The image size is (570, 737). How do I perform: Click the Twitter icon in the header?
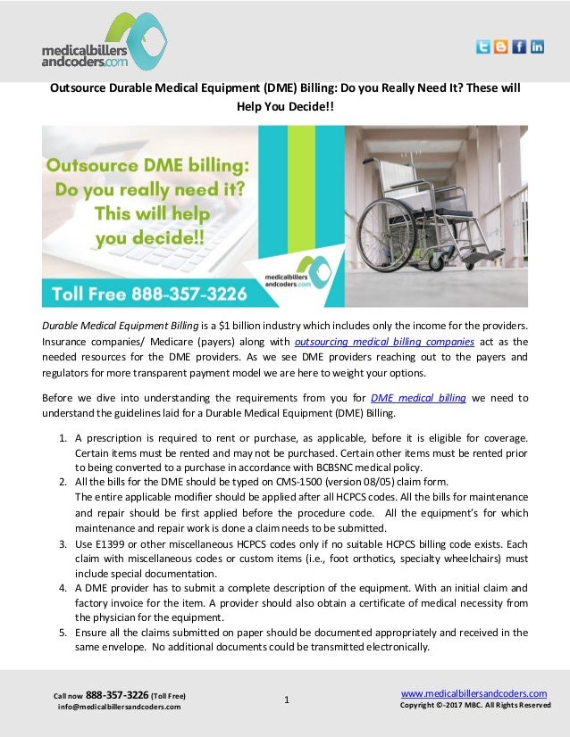[482, 47]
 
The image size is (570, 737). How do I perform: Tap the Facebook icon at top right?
[519, 47]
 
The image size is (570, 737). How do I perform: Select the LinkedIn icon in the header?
[537, 47]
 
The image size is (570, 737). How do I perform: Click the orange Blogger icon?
[500, 47]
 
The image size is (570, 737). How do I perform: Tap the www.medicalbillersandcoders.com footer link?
[474, 693]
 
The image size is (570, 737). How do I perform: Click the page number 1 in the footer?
[286, 700]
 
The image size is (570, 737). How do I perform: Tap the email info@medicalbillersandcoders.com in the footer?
[119, 707]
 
